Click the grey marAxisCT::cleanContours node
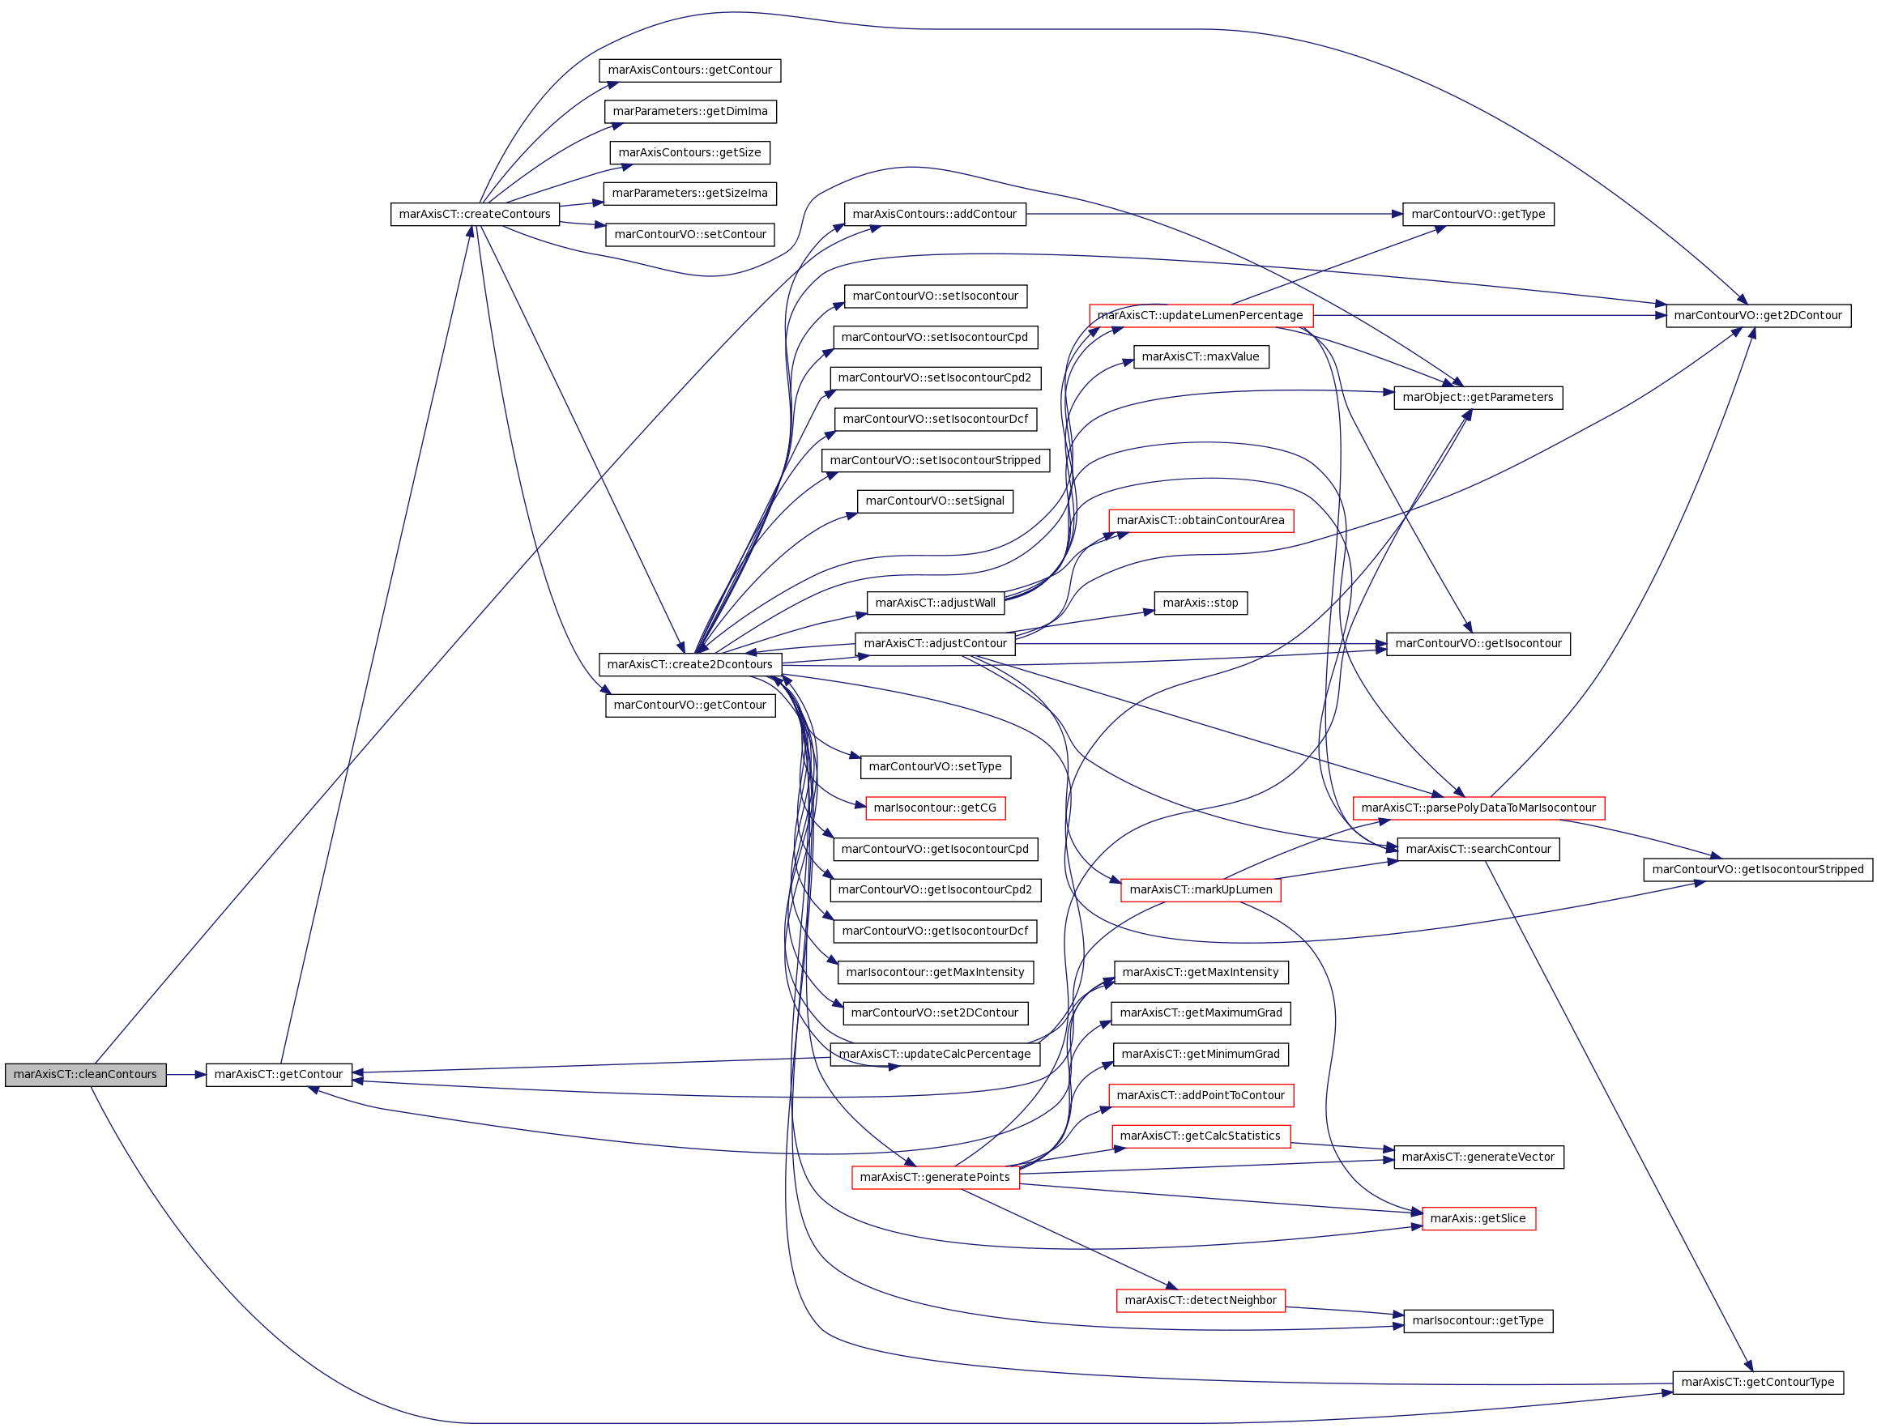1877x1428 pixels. coord(85,1074)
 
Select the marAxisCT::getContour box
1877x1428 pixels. coord(279,1074)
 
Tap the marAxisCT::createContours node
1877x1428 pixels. coord(475,214)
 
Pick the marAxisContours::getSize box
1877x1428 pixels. coord(689,153)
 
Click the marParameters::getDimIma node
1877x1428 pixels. coord(689,111)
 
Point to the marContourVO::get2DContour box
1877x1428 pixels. coord(1757,315)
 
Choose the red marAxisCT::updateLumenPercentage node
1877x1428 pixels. coord(1201,315)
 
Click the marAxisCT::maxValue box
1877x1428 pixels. coord(1201,357)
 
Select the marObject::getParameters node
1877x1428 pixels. coord(1478,398)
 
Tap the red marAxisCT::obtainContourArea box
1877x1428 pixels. coord(1201,520)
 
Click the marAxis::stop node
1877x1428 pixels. coord(1201,603)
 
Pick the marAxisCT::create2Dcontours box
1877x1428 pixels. coord(689,665)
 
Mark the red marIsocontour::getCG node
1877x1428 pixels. coord(935,808)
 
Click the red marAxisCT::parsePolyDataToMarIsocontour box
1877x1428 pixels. coord(1478,808)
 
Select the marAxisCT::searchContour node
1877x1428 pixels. coord(1478,849)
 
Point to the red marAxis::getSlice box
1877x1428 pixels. coord(1478,1219)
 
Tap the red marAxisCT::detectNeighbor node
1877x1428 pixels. coord(1201,1301)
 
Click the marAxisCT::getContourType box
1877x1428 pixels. coord(1757,1382)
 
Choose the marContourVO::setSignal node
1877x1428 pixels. coord(935,501)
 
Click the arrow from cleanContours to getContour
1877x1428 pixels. coord(186,1074)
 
